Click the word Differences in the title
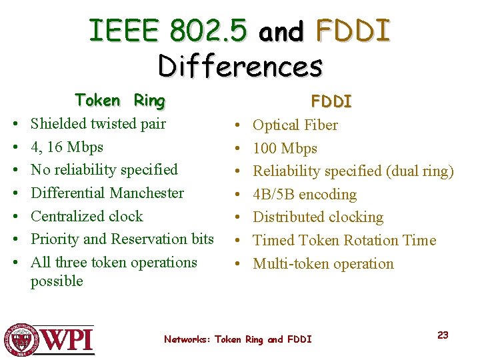tap(240, 65)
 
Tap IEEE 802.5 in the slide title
tap(168, 30)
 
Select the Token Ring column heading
tap(120, 101)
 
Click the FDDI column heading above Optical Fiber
tap(331, 101)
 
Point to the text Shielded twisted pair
tap(98, 123)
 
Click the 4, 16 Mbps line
tap(67, 147)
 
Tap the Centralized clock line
tap(87, 217)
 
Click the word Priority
tap(55, 239)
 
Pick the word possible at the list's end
tap(57, 281)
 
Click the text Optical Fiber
tap(295, 125)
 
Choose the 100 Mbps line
tap(285, 149)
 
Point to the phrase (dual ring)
tap(419, 171)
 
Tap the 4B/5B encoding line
tap(305, 195)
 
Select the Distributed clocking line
tap(318, 217)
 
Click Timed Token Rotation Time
tap(344, 241)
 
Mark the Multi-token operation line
tap(323, 264)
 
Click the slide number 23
tap(443, 335)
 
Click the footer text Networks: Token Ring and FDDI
tap(238, 339)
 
